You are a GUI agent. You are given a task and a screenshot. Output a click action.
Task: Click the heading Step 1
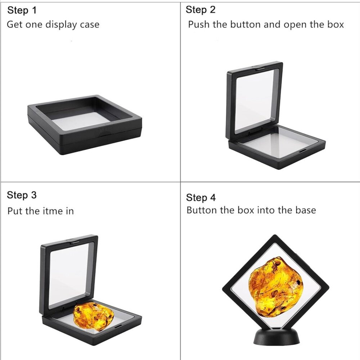click(22, 10)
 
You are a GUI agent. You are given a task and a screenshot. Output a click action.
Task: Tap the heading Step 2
click(201, 10)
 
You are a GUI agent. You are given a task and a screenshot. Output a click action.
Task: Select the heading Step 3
click(22, 195)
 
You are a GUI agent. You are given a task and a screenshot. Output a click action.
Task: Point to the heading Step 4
click(201, 198)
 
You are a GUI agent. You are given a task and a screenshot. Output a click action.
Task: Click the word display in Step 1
click(61, 25)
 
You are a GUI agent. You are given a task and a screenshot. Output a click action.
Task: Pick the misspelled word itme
click(53, 211)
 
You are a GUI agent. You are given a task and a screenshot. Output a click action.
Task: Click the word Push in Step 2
click(199, 24)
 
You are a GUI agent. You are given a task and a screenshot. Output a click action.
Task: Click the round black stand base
click(276, 337)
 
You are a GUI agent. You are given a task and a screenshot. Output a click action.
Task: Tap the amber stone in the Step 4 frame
click(276, 287)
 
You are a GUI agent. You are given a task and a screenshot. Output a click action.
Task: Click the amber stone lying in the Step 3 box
click(94, 316)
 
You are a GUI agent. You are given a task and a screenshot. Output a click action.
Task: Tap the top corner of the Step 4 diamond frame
click(275, 235)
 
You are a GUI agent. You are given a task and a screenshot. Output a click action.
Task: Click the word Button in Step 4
click(202, 210)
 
